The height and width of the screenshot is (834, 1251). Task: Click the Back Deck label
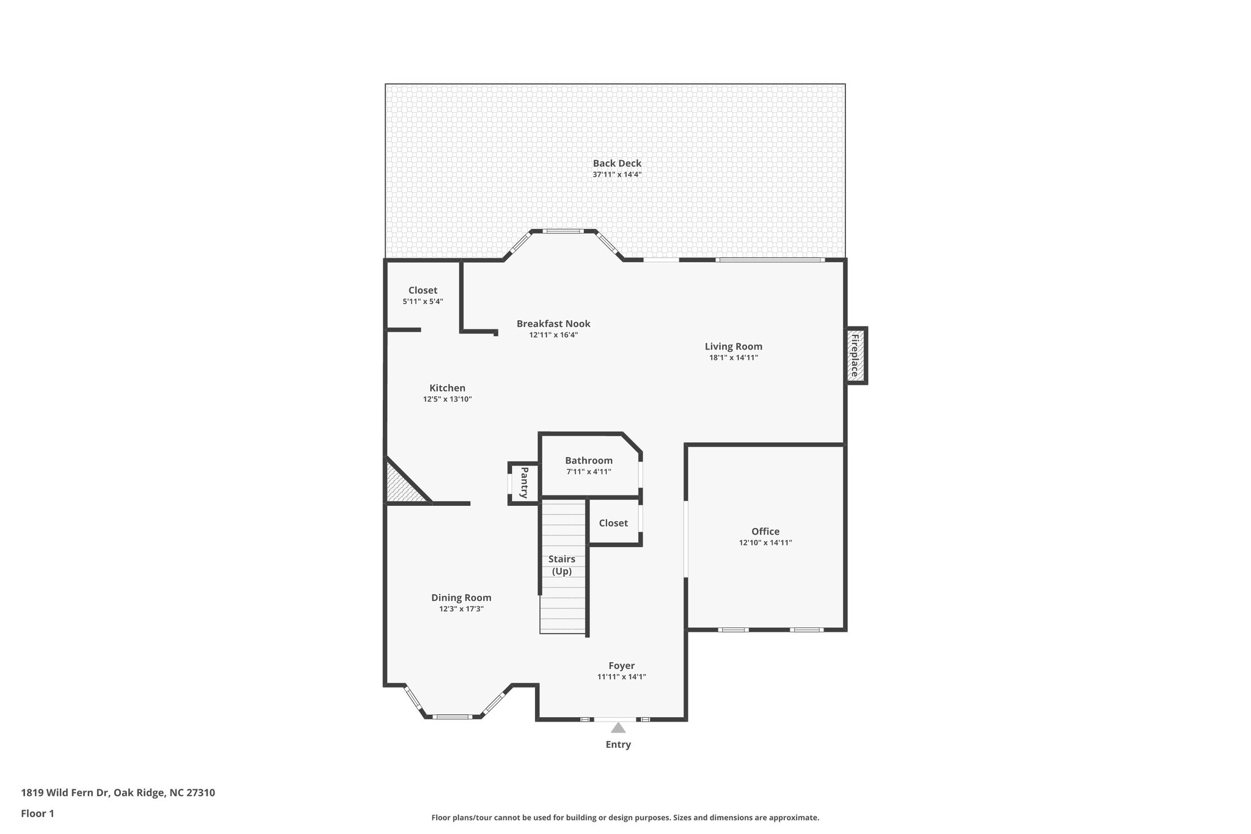pos(617,163)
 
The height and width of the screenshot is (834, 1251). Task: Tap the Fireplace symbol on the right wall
pos(855,356)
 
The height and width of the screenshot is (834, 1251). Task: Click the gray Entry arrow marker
pos(618,728)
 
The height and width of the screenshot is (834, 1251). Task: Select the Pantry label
pos(524,483)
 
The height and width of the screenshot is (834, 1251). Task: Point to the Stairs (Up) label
pos(561,565)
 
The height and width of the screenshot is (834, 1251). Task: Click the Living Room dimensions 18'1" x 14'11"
pos(733,358)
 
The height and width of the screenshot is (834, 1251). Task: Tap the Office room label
pos(765,532)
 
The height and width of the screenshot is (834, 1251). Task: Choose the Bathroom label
pos(588,461)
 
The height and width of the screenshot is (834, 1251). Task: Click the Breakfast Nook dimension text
pos(553,335)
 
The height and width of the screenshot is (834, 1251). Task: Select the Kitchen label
pos(447,388)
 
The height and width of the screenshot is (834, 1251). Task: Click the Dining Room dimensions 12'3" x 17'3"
pos(461,609)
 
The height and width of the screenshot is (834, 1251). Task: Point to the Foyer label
pos(621,666)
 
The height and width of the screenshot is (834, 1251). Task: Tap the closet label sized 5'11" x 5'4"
pos(423,290)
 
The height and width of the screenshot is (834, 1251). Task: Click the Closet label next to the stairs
pos(613,523)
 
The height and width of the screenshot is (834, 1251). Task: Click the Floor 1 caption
pos(38,813)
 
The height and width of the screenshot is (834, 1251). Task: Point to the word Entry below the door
pos(618,744)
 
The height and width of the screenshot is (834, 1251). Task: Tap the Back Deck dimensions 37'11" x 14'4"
pos(617,175)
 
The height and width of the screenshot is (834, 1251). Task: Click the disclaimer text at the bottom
pos(625,818)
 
